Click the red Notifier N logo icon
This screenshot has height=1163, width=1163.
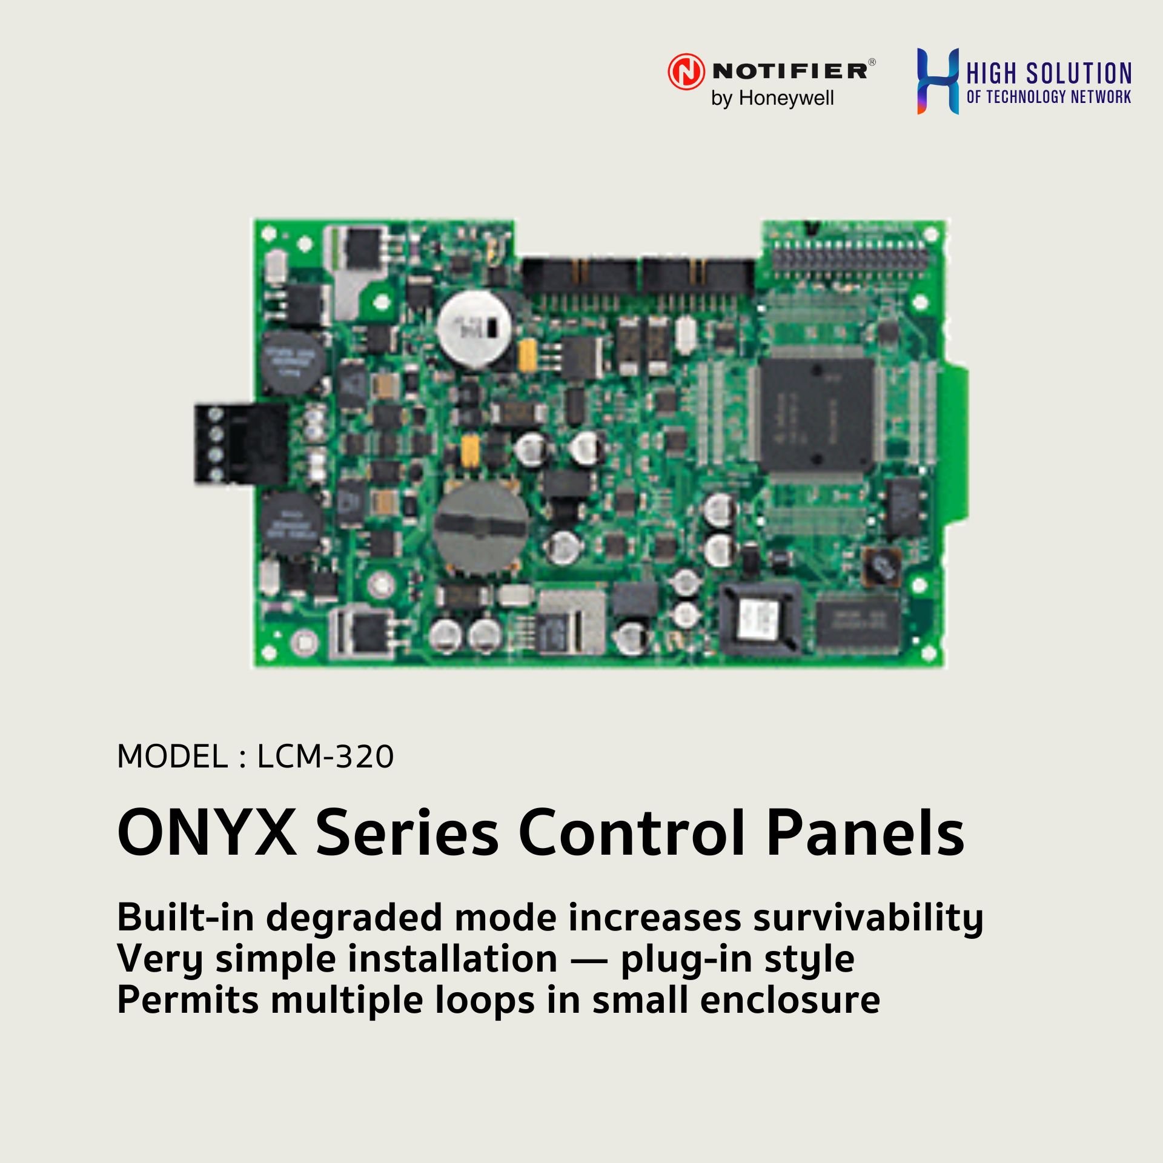[x=686, y=71]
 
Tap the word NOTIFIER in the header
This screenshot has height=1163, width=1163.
[x=790, y=71]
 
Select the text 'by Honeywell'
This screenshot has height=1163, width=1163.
[x=772, y=98]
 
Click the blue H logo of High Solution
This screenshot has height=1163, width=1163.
[x=938, y=81]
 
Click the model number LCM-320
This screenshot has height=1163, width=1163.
[x=325, y=757]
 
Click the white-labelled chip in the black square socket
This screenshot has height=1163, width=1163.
[x=759, y=620]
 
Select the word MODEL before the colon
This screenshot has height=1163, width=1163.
[x=172, y=757]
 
